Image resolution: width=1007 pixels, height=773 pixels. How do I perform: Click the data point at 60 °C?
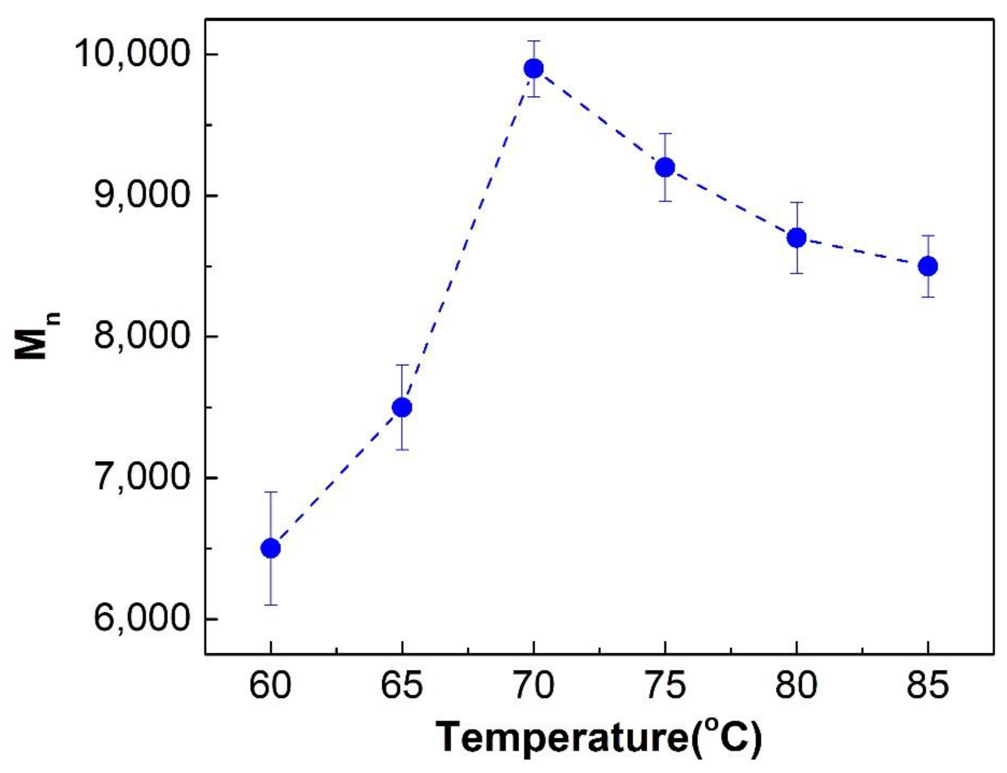pyautogui.click(x=270, y=548)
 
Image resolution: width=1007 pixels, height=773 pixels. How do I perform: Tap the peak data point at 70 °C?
pyautogui.click(x=533, y=69)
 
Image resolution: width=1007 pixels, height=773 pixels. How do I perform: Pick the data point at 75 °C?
pyautogui.click(x=665, y=167)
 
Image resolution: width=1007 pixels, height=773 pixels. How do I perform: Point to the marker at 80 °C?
pyautogui.click(x=796, y=238)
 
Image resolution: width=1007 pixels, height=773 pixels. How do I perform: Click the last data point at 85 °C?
pyautogui.click(x=928, y=266)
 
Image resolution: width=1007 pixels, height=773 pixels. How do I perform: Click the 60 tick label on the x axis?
pyautogui.click(x=270, y=685)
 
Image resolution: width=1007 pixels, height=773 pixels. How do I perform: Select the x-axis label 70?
pyautogui.click(x=533, y=685)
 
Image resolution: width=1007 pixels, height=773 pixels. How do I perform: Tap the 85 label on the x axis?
pyautogui.click(x=928, y=685)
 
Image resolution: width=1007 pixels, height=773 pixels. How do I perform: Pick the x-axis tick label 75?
pyautogui.click(x=665, y=685)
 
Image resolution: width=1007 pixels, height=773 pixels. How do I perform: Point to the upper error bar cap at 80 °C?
pyautogui.click(x=796, y=203)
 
